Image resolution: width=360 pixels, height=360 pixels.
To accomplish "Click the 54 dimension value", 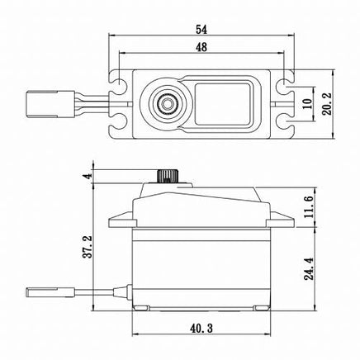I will tap(202, 29).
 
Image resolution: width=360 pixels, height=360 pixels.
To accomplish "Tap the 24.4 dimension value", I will tap(307, 269).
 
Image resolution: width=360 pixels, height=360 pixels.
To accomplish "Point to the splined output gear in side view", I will tap(168, 177).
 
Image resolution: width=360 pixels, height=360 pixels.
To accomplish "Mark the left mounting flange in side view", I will tap(121, 222).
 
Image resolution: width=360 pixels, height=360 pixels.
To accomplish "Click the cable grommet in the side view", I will tap(123, 291).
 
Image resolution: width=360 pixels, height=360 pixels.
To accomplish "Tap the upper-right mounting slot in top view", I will tap(287, 84).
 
